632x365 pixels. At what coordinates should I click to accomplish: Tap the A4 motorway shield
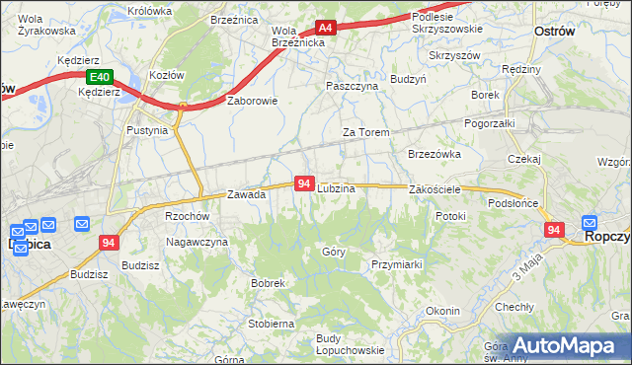[x=326, y=29]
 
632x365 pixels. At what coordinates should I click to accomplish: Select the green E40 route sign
[x=98, y=77]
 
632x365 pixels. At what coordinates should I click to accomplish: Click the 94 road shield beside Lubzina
[x=304, y=183]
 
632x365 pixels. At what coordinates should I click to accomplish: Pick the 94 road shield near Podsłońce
[x=554, y=230]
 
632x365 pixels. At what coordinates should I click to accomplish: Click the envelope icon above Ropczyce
[x=591, y=223]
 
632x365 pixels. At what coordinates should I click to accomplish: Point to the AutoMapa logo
[x=567, y=346]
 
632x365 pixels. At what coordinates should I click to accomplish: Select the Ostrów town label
[x=554, y=32]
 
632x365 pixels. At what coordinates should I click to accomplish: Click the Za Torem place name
[x=365, y=132]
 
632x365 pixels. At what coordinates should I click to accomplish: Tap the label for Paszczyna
[x=353, y=86]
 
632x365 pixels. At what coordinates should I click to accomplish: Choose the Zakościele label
[x=435, y=188]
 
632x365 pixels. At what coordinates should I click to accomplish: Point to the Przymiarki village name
[x=397, y=264]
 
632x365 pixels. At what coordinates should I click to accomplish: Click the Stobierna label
[x=272, y=323]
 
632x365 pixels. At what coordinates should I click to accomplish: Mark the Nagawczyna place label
[x=197, y=242]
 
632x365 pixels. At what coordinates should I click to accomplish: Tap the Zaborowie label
[x=253, y=101]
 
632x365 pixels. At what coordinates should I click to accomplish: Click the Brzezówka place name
[x=434, y=154]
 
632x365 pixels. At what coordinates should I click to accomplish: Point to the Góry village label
[x=334, y=252]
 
